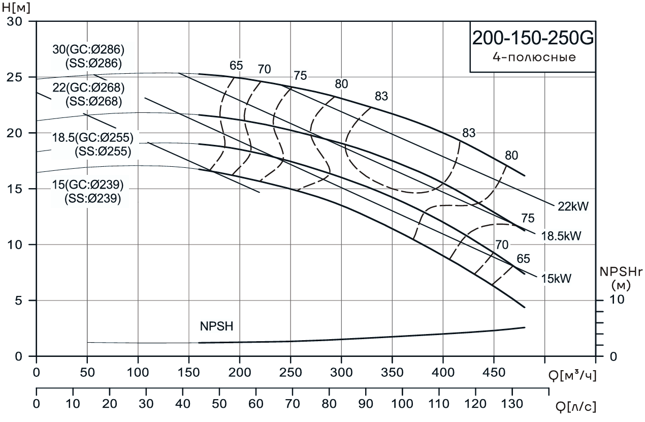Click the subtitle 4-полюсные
coord(534,57)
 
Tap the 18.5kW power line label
coord(561,236)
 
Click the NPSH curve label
coord(217,326)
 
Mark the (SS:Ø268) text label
coord(93,101)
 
